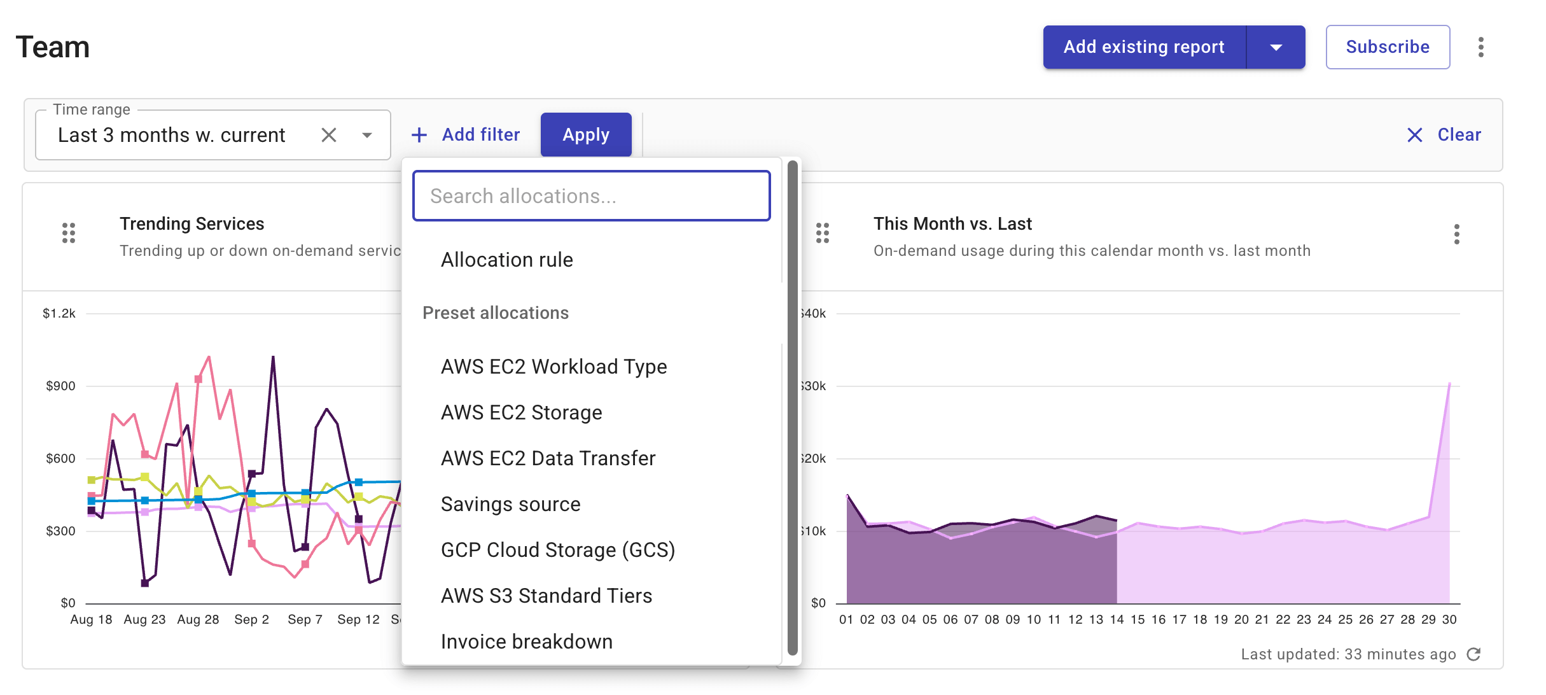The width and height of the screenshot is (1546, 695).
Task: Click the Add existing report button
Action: click(x=1144, y=47)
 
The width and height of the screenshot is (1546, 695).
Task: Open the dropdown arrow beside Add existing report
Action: click(x=1276, y=47)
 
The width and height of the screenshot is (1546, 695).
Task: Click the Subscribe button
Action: click(x=1388, y=47)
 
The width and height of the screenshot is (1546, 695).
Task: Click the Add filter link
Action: click(x=466, y=135)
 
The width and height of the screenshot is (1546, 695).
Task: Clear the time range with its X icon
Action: click(x=329, y=135)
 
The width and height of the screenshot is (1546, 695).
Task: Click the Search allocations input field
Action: click(x=591, y=196)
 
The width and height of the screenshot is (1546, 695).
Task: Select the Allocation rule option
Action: click(x=507, y=260)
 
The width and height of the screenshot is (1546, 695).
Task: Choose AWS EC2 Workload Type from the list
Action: click(x=554, y=367)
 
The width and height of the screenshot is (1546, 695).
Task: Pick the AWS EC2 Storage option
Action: click(x=521, y=412)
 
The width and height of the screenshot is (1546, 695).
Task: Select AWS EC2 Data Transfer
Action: click(x=548, y=458)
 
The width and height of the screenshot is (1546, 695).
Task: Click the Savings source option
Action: click(x=510, y=504)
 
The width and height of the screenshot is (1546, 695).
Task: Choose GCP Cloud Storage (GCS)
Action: click(x=557, y=550)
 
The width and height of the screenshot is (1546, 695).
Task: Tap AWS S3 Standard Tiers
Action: click(x=546, y=596)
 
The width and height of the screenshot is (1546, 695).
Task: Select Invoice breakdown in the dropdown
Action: click(x=526, y=642)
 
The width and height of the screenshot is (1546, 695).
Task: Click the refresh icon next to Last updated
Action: click(x=1473, y=654)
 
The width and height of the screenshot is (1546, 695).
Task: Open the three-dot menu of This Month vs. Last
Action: click(x=1456, y=234)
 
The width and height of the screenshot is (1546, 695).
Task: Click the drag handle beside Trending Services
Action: click(x=69, y=233)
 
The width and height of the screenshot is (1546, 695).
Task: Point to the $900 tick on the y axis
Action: click(x=60, y=386)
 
